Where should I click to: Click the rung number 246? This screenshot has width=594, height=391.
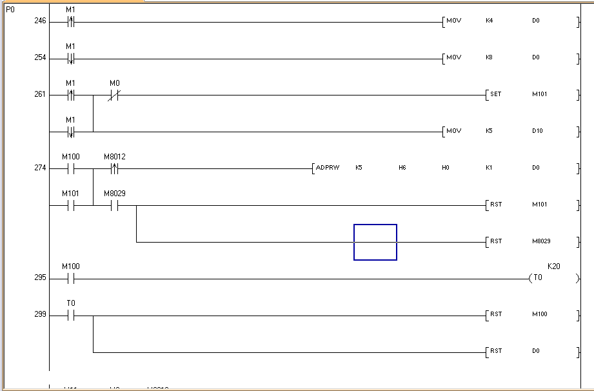[x=40, y=21]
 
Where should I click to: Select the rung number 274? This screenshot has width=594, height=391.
[x=40, y=168]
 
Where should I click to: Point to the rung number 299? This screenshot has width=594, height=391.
[x=40, y=316]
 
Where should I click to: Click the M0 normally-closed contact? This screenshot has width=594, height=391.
[x=114, y=95]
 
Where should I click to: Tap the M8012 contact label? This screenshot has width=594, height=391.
[x=114, y=157]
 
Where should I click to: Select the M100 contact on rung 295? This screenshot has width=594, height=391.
[x=71, y=279]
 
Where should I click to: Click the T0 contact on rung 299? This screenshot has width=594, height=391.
[x=71, y=316]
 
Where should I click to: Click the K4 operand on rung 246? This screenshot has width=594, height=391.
[x=489, y=21]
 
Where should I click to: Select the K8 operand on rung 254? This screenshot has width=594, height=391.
[x=489, y=58]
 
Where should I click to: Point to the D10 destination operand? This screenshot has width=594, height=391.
[x=537, y=132]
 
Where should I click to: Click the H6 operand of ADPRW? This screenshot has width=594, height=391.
[x=402, y=168]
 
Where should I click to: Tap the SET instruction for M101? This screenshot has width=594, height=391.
[x=495, y=95]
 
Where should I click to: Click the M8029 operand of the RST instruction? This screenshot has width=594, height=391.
[x=540, y=242]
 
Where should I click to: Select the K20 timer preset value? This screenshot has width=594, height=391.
[x=553, y=266]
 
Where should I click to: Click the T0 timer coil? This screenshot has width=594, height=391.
[x=537, y=279]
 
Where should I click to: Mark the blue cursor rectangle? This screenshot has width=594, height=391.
[x=375, y=242]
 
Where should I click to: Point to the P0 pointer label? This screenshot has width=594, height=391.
[x=10, y=10]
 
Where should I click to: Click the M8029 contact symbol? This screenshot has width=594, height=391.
[x=114, y=206]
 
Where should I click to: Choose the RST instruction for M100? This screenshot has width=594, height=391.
[x=495, y=316]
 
